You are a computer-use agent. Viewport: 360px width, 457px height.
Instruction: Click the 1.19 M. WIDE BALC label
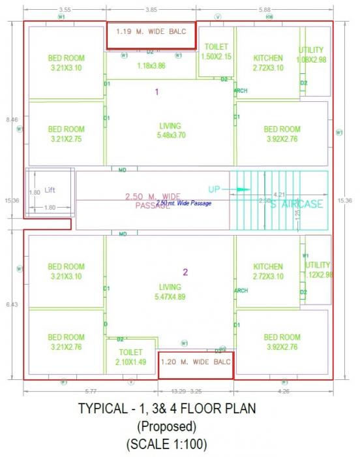pyautogui.click(x=151, y=31)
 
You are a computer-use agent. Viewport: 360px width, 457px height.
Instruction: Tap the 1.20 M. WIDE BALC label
pyautogui.click(x=196, y=362)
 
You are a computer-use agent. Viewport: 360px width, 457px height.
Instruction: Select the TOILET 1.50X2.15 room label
pyautogui.click(x=217, y=52)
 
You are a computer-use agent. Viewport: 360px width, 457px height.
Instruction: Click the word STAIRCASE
pyautogui.click(x=297, y=204)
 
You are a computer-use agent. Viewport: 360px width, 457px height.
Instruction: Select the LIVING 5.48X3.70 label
pyautogui.click(x=170, y=131)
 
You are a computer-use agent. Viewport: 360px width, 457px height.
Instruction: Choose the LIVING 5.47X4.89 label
pyautogui.click(x=170, y=291)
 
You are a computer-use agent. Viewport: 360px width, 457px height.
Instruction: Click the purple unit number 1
pyautogui.click(x=157, y=92)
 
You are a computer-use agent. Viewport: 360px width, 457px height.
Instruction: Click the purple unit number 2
pyautogui.click(x=185, y=272)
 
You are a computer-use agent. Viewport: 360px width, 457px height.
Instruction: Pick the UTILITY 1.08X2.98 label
pyautogui.click(x=311, y=55)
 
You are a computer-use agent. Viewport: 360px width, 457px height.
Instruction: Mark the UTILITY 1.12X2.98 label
pyautogui.click(x=318, y=270)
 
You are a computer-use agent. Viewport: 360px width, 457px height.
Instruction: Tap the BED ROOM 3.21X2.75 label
pyautogui.click(x=66, y=134)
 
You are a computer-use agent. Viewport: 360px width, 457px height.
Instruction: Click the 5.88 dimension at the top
pyautogui.click(x=264, y=10)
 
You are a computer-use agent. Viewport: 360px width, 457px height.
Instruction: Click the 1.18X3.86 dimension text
pyautogui.click(x=151, y=65)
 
